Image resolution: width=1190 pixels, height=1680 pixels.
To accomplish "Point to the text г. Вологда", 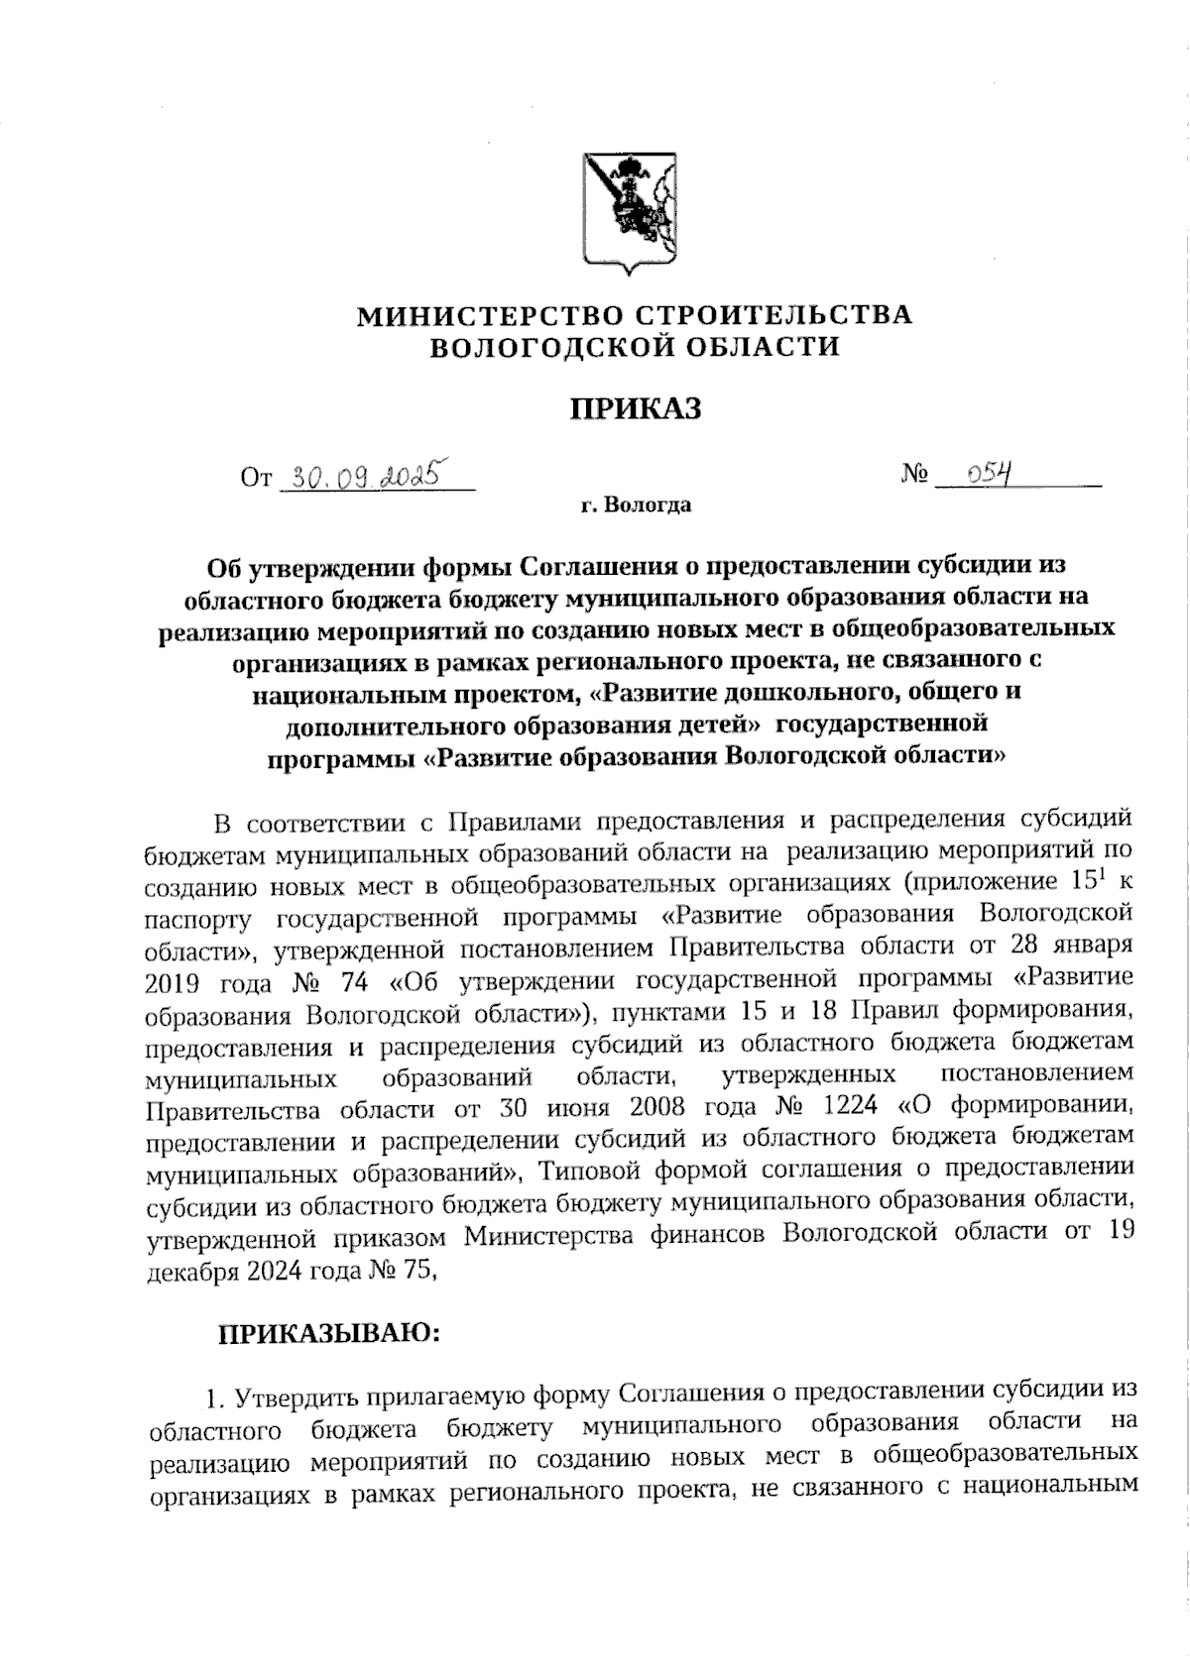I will pyautogui.click(x=635, y=505).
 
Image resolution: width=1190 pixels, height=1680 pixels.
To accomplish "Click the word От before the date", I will pyautogui.click(x=256, y=479).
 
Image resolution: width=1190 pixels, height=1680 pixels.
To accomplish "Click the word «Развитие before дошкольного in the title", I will pyautogui.click(x=664, y=691).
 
